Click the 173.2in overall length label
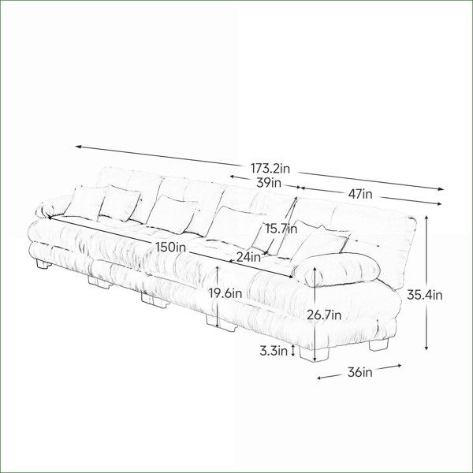(270, 169)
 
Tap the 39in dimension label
(269, 183)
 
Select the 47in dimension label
(360, 194)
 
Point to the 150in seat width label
(171, 248)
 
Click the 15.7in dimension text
(281, 229)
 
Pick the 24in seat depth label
(248, 257)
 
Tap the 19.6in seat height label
(225, 293)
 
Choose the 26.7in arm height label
(324, 315)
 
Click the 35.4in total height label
(425, 295)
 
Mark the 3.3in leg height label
(274, 351)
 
